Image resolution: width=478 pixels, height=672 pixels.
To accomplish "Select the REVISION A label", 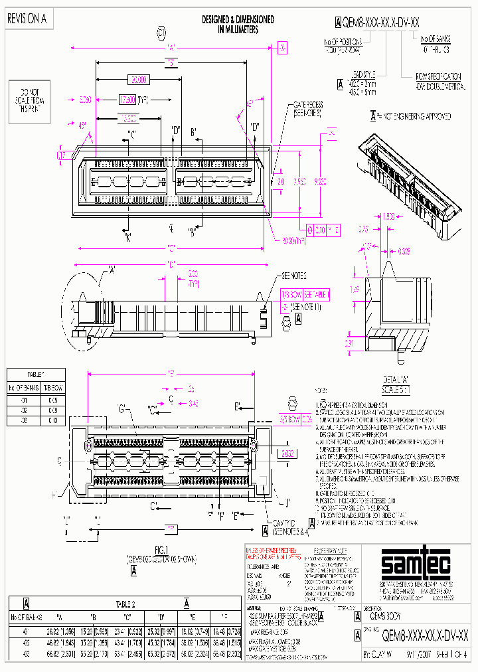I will pyautogui.click(x=27, y=19).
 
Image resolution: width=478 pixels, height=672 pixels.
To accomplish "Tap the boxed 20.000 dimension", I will pyautogui.click(x=138, y=80).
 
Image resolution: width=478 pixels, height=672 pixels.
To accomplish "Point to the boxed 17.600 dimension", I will pyautogui.click(x=127, y=100).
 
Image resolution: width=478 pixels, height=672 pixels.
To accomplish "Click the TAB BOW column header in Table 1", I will pyautogui.click(x=52, y=386).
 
